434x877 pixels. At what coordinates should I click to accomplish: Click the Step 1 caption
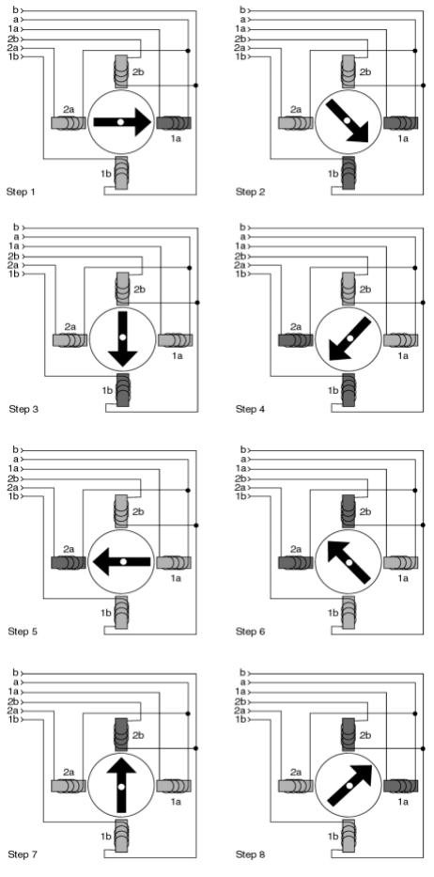21,192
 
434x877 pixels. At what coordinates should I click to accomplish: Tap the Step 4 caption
250,409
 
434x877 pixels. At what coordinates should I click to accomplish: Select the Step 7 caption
23,854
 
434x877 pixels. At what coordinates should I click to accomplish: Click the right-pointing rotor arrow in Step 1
122,122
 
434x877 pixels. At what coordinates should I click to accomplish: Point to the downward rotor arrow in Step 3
122,339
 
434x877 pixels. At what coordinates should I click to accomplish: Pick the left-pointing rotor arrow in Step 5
122,561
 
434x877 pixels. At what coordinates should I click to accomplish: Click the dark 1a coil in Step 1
174,122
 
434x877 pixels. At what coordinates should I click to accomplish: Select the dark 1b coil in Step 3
122,390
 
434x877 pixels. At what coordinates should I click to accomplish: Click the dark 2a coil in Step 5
69,562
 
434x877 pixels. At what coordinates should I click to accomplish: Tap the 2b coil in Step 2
349,71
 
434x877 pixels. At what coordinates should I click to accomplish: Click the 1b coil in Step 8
349,835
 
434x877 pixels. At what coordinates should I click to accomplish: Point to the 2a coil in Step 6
295,562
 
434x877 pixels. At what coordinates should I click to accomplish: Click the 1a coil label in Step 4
403,354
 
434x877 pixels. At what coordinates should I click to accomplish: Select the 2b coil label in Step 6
365,511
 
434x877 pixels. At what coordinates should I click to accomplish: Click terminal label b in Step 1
15,9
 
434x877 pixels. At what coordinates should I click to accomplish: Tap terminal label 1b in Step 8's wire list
241,719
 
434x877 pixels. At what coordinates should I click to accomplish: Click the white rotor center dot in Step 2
348,121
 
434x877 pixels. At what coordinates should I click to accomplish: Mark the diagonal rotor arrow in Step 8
350,785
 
